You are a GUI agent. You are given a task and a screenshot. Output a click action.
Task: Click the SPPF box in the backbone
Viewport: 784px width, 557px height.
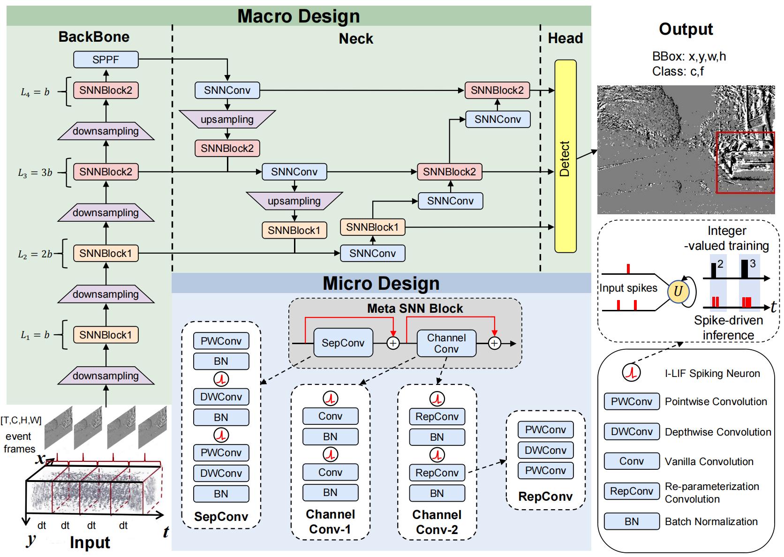(106, 60)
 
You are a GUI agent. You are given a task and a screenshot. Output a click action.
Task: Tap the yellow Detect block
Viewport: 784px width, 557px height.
(565, 156)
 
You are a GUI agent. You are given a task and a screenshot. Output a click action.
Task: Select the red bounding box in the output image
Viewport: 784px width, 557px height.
(745, 162)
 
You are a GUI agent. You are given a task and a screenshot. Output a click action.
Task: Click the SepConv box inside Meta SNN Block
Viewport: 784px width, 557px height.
(343, 343)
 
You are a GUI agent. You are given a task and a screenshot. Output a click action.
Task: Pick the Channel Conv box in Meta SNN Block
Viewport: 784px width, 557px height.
(446, 343)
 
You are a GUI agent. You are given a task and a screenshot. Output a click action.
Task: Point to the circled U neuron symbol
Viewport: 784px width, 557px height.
(678, 292)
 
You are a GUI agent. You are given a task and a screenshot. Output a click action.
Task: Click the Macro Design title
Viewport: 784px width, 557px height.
(299, 16)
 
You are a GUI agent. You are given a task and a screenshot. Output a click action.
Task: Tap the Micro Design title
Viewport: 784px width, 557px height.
(381, 283)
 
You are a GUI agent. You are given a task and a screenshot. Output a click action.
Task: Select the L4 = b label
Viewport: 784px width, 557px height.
(35, 92)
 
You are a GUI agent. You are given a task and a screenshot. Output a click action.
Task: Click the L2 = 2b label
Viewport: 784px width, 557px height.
(35, 255)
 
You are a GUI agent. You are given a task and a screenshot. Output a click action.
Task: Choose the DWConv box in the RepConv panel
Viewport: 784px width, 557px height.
(545, 450)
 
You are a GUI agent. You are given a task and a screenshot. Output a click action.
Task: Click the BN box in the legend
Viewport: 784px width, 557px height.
(631, 521)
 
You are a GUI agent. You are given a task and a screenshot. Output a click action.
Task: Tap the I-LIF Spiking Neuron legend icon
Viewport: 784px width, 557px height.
(631, 373)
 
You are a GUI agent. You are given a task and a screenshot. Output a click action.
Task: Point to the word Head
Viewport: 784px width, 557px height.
(565, 38)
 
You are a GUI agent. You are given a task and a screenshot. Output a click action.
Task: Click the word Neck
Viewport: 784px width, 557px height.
(356, 38)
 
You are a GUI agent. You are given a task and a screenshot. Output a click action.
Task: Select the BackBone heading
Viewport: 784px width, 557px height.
(94, 37)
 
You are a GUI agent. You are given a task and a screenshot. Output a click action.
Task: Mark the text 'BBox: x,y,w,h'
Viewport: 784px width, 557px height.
(689, 57)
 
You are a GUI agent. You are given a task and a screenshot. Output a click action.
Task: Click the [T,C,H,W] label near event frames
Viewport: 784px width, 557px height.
(21, 420)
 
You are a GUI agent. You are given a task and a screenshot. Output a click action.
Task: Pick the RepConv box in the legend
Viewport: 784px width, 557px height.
(631, 491)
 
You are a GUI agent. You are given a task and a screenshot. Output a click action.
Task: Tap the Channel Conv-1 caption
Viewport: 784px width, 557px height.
(330, 522)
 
